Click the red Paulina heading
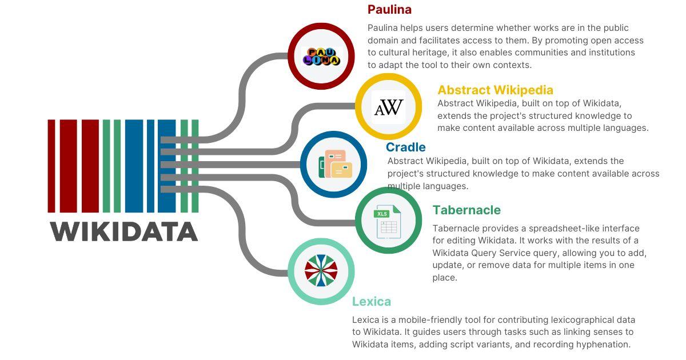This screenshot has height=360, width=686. [389, 10]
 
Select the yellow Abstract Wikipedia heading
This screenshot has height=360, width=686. [495, 90]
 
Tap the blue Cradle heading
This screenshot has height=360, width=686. [405, 147]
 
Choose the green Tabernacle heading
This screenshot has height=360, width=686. [466, 210]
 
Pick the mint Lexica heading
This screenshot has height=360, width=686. [372, 302]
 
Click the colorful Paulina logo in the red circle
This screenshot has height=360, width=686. [321, 57]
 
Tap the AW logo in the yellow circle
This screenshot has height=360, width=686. [389, 107]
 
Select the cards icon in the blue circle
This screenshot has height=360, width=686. [335, 164]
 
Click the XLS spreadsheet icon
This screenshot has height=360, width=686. [387, 222]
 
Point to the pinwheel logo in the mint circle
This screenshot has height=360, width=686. [321, 271]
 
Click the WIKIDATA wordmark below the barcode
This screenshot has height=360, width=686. [123, 232]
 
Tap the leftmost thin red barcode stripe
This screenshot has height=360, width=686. [51, 166]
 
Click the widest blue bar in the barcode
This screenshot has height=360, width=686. [134, 166]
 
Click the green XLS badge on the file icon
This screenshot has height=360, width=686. [382, 214]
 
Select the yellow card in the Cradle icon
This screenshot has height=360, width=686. [342, 170]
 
